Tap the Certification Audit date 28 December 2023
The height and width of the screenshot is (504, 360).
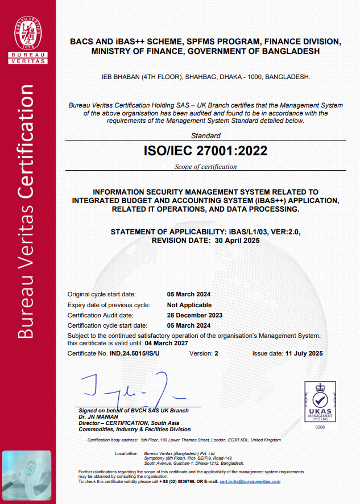pos(195,315)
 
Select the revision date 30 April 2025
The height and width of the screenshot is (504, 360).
pos(234,241)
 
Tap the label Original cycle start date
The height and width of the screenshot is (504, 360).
pos(102,294)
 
